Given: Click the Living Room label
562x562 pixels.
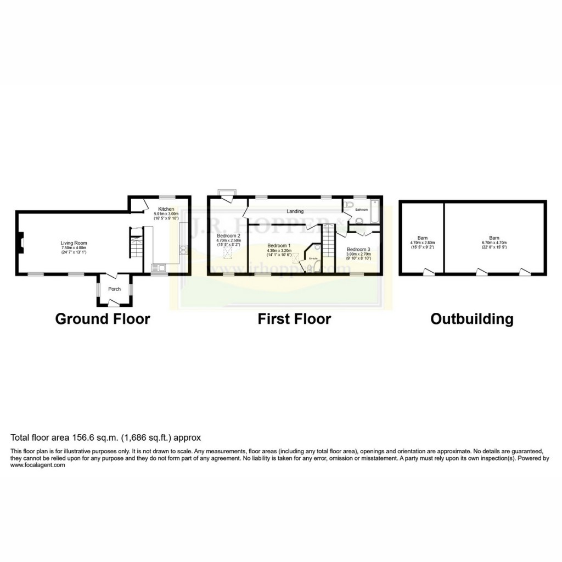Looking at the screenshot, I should [74, 243].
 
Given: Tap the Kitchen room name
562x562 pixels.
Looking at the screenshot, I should [166, 209].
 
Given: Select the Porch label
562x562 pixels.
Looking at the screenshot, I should [114, 289].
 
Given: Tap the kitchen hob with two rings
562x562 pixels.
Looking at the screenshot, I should [183, 250].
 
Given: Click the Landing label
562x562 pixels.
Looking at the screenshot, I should [295, 211].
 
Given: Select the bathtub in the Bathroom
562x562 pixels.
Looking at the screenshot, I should [375, 212].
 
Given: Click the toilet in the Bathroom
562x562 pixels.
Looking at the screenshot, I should [359, 221].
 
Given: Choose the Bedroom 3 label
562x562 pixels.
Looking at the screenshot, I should [358, 249].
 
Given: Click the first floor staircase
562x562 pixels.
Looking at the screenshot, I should [328, 241].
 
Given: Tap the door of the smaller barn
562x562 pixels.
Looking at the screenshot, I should [427, 271].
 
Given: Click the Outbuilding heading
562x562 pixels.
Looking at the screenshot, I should [471, 319].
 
